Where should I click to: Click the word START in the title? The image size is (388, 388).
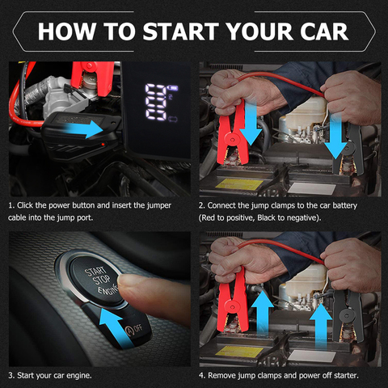pos(180,32)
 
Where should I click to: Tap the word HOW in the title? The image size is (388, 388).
pos(67,32)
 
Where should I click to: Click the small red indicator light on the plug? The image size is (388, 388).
pos(103,145)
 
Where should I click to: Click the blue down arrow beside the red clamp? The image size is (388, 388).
pos(251,122)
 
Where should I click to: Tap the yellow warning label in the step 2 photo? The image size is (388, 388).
pos(239,184)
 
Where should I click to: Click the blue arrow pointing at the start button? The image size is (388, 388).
pos(116,327)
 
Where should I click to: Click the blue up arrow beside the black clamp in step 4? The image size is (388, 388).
pos(321,327)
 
